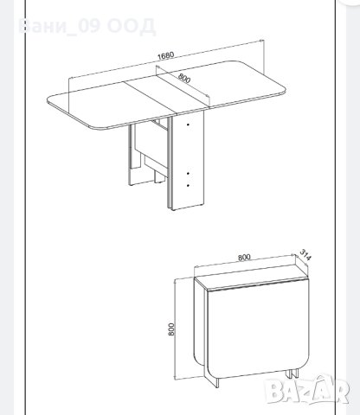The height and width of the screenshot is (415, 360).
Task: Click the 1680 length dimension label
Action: pyautogui.click(x=165, y=55)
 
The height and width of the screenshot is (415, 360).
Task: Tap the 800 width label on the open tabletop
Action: pyautogui.click(x=184, y=78)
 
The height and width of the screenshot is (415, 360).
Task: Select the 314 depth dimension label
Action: pyautogui.click(x=305, y=254)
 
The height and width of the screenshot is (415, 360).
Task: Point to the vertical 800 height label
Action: pyautogui.click(x=171, y=329)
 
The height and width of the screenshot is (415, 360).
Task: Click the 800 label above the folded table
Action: pyautogui.click(x=244, y=257)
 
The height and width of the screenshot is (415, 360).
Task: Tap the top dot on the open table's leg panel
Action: pyautogui.click(x=188, y=124)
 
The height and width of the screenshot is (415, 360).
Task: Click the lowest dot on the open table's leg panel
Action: pyautogui.click(x=188, y=185)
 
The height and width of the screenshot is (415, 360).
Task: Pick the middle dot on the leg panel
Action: pyautogui.click(x=188, y=174)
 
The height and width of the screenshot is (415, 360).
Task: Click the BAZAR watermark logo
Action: pyautogui.click(x=307, y=389)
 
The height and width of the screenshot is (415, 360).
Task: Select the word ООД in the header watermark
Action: pyautogui.click(x=132, y=26)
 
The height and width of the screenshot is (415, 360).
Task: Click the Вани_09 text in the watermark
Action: pyautogui.click(x=59, y=27)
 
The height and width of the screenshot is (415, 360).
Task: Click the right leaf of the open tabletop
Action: pyautogui.click(x=240, y=83)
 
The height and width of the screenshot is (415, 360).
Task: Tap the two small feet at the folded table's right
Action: pyautogui.click(x=292, y=373)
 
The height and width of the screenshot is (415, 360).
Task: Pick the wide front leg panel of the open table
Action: pyautogui.click(x=187, y=160)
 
